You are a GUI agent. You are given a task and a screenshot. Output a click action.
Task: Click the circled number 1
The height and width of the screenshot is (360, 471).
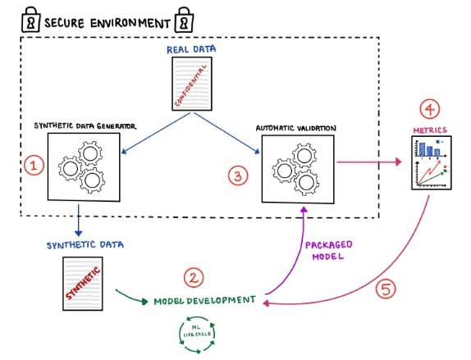point(34,166)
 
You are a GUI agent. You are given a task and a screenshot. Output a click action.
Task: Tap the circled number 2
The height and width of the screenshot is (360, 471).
point(194,278)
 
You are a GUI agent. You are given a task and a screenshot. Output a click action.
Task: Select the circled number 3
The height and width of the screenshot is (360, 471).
point(237,174)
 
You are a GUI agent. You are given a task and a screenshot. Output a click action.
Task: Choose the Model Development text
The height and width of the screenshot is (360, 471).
point(204,301)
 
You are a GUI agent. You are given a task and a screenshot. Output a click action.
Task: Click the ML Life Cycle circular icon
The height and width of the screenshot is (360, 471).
point(197,335)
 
